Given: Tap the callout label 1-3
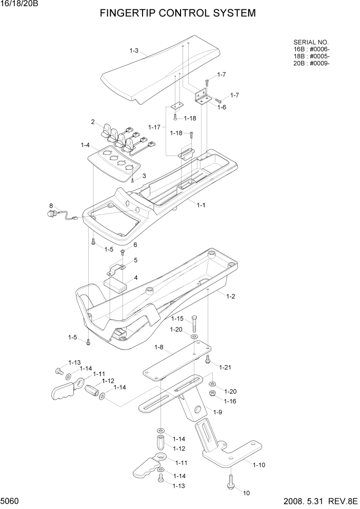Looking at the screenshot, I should click(x=134, y=50).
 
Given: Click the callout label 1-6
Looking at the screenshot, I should click(x=222, y=107).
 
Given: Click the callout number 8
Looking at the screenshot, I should click(x=51, y=206).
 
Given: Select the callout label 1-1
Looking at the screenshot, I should click(x=201, y=205).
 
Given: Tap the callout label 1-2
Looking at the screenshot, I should click(x=230, y=297).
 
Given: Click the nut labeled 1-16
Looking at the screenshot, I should click(x=212, y=394).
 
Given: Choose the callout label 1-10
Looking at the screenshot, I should click(x=258, y=465).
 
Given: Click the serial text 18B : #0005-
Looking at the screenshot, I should click(x=311, y=56).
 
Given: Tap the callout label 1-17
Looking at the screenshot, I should click(x=154, y=127).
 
